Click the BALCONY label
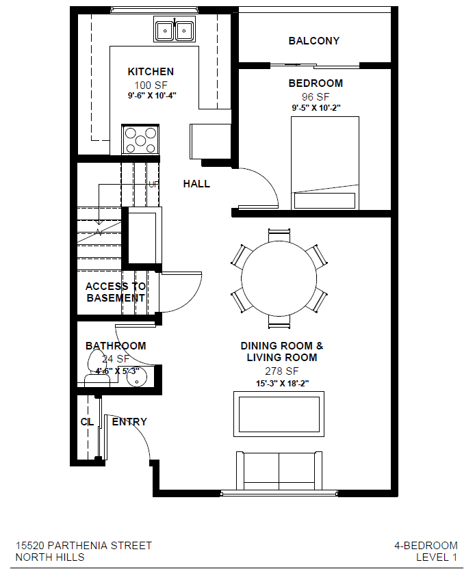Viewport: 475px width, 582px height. (x=313, y=41)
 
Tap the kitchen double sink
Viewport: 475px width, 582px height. (x=174, y=31)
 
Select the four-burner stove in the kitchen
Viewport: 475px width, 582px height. (x=140, y=140)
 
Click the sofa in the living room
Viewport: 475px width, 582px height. (x=279, y=471)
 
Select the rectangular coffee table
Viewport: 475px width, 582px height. (x=279, y=414)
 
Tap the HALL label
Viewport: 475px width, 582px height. (x=196, y=184)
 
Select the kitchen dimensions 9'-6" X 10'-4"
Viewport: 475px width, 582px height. (x=151, y=96)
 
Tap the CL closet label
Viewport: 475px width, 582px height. (x=87, y=422)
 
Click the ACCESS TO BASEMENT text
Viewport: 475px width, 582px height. (x=115, y=293)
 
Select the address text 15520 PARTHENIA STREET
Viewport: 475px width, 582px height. (x=84, y=546)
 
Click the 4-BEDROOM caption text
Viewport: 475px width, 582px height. (x=425, y=546)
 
